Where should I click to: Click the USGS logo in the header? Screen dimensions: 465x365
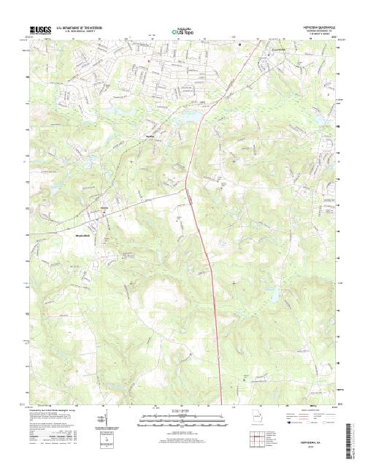(x=40, y=31)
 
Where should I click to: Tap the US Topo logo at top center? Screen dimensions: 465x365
(x=182, y=32)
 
